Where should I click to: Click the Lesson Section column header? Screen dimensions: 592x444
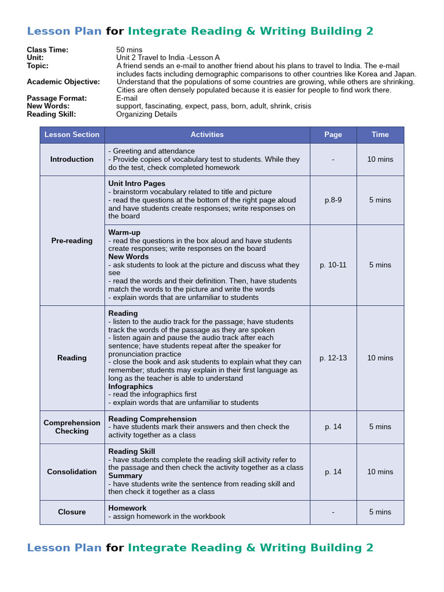72,135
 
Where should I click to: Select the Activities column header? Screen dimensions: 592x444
207,135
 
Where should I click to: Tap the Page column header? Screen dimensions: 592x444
333,135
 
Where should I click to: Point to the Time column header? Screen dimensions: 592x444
380,135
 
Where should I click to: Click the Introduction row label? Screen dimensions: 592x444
72,160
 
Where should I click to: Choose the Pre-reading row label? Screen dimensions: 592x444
72,241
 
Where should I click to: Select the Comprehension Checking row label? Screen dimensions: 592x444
72,427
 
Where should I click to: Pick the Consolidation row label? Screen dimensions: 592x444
72,472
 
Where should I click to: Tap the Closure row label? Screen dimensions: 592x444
72,512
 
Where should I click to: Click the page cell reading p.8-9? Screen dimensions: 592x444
333,200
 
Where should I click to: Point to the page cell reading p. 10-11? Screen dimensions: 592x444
333,265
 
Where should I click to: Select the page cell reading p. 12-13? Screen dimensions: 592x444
333,358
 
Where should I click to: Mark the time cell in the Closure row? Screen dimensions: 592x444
380,512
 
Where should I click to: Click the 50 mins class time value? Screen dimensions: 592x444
129,50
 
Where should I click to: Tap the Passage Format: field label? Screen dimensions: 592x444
57,98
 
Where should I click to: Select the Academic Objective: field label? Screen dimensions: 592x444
63,82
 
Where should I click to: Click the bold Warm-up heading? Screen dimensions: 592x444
124,232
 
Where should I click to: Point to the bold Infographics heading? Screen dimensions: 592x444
131,386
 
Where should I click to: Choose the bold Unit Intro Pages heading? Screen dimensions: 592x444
136,184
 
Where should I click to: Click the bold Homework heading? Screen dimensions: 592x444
127,508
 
